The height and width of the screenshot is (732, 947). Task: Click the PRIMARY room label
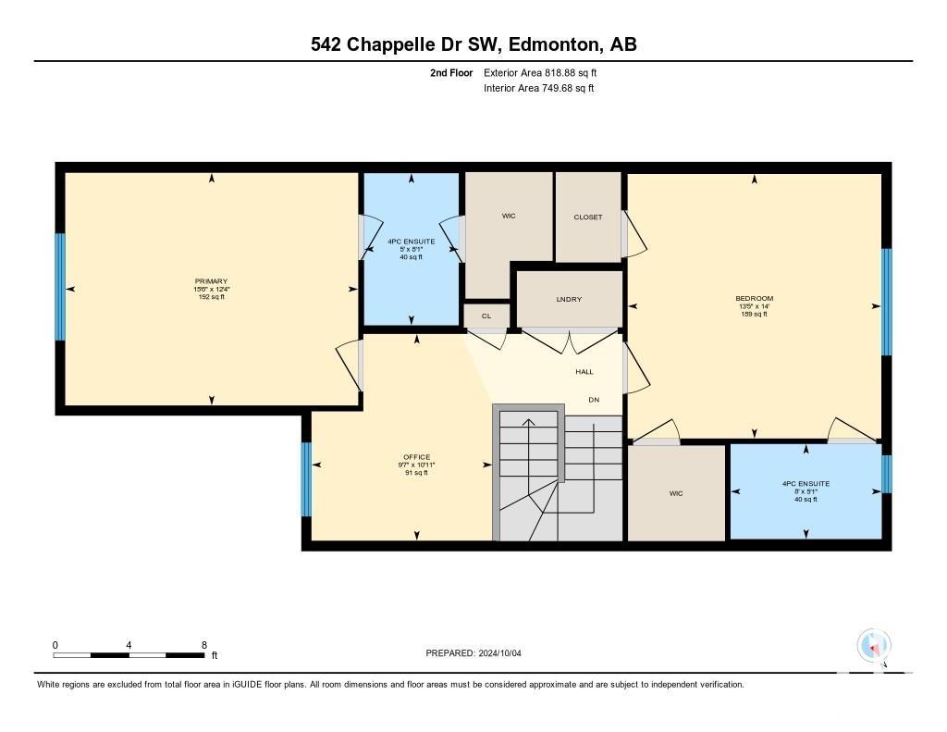212,281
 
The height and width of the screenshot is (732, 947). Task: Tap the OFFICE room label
417,457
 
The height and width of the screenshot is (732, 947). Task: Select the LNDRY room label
569,299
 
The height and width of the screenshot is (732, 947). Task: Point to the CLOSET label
588,217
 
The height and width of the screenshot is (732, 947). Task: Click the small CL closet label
486,316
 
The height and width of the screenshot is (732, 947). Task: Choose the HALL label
584,372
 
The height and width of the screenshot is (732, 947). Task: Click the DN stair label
595,400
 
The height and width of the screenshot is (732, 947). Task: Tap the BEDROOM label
755,298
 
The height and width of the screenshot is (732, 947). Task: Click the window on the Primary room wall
60,287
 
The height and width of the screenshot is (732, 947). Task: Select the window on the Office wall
306,479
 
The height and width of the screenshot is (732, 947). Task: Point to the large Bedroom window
887,302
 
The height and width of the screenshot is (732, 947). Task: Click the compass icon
874,646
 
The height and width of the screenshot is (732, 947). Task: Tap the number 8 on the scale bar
204,645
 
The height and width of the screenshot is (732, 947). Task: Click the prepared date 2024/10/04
500,652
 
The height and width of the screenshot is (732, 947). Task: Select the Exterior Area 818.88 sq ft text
540,72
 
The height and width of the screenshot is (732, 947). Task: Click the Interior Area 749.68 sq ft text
539,88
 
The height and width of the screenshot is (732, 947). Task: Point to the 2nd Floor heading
451,72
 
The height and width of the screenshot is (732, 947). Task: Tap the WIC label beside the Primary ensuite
509,216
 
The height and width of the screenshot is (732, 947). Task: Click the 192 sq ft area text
212,297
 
